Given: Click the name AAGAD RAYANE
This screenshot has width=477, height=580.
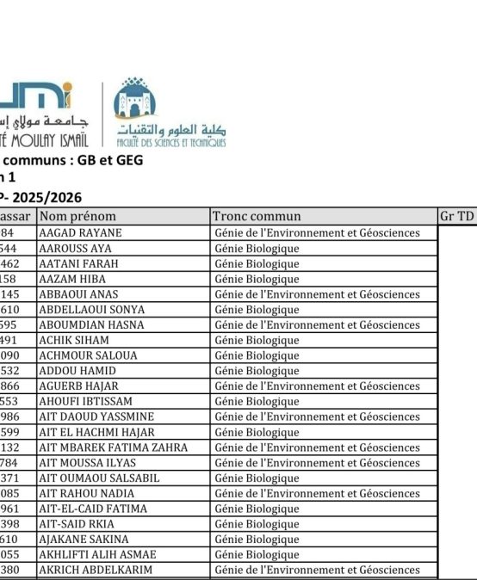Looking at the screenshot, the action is pos(81,233).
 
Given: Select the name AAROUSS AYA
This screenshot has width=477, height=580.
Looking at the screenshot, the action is pos(76,249).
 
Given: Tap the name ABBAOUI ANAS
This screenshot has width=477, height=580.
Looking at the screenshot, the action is pos(78,294).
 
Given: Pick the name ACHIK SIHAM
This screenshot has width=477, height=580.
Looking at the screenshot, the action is pos(75,341).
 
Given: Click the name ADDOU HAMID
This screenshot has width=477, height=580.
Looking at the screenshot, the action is pos(77,371).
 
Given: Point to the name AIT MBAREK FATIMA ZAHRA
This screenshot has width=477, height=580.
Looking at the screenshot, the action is pos(113,447).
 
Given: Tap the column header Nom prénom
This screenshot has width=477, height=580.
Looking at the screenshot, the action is pos(77,217).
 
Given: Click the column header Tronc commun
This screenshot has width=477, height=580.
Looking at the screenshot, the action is pos(257,217).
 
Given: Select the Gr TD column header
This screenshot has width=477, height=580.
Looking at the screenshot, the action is pos(456,217).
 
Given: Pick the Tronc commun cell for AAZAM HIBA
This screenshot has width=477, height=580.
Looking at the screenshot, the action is pos(257,279).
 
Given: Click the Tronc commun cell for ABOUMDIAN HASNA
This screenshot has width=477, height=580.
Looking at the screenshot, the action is pos(316,325).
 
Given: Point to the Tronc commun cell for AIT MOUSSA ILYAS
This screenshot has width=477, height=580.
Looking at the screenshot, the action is pos(316,463).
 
